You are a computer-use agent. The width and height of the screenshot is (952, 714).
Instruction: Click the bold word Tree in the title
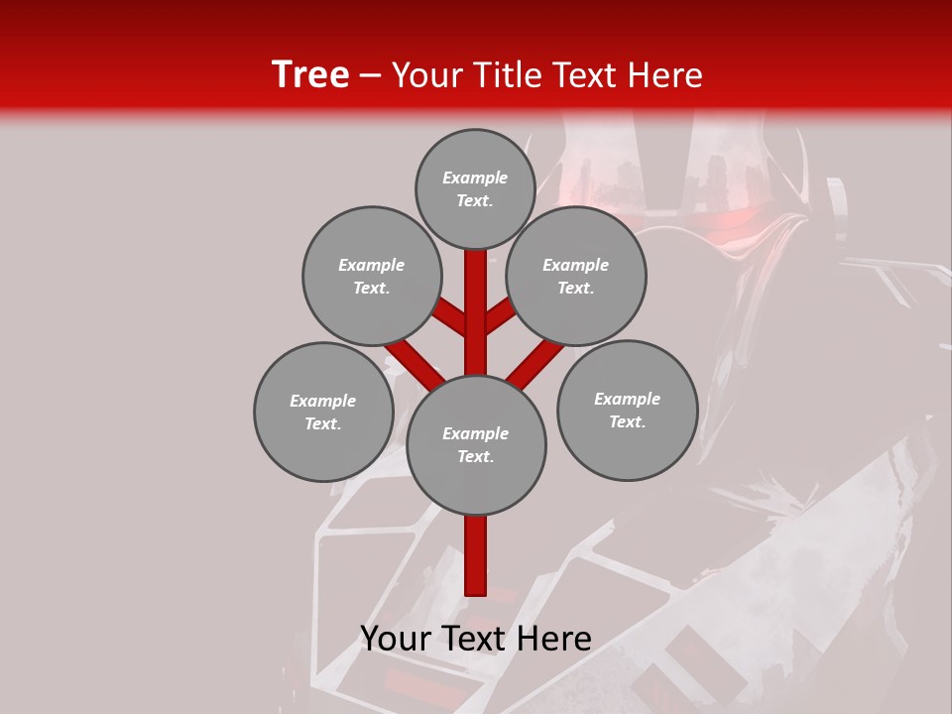(x=310, y=75)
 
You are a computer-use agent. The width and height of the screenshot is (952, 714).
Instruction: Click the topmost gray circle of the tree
(x=475, y=188)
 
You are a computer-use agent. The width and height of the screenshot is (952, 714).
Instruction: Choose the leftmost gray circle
(x=323, y=412)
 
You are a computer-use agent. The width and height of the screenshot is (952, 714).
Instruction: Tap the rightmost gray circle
(x=627, y=410)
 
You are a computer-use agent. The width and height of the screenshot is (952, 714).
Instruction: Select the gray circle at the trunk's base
(x=476, y=444)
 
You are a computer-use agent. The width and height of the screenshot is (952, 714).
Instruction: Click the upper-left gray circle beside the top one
(x=372, y=276)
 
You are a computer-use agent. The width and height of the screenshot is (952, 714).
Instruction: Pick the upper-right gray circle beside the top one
(x=576, y=276)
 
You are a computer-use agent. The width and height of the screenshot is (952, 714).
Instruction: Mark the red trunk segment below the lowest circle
(x=476, y=555)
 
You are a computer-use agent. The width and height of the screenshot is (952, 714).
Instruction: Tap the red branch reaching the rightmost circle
(x=536, y=362)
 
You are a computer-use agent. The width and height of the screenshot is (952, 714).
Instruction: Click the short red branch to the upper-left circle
(x=449, y=317)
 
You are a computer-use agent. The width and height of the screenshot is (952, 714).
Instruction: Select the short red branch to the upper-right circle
(x=501, y=315)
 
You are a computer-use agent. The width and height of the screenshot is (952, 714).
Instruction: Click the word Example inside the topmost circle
(x=475, y=178)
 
